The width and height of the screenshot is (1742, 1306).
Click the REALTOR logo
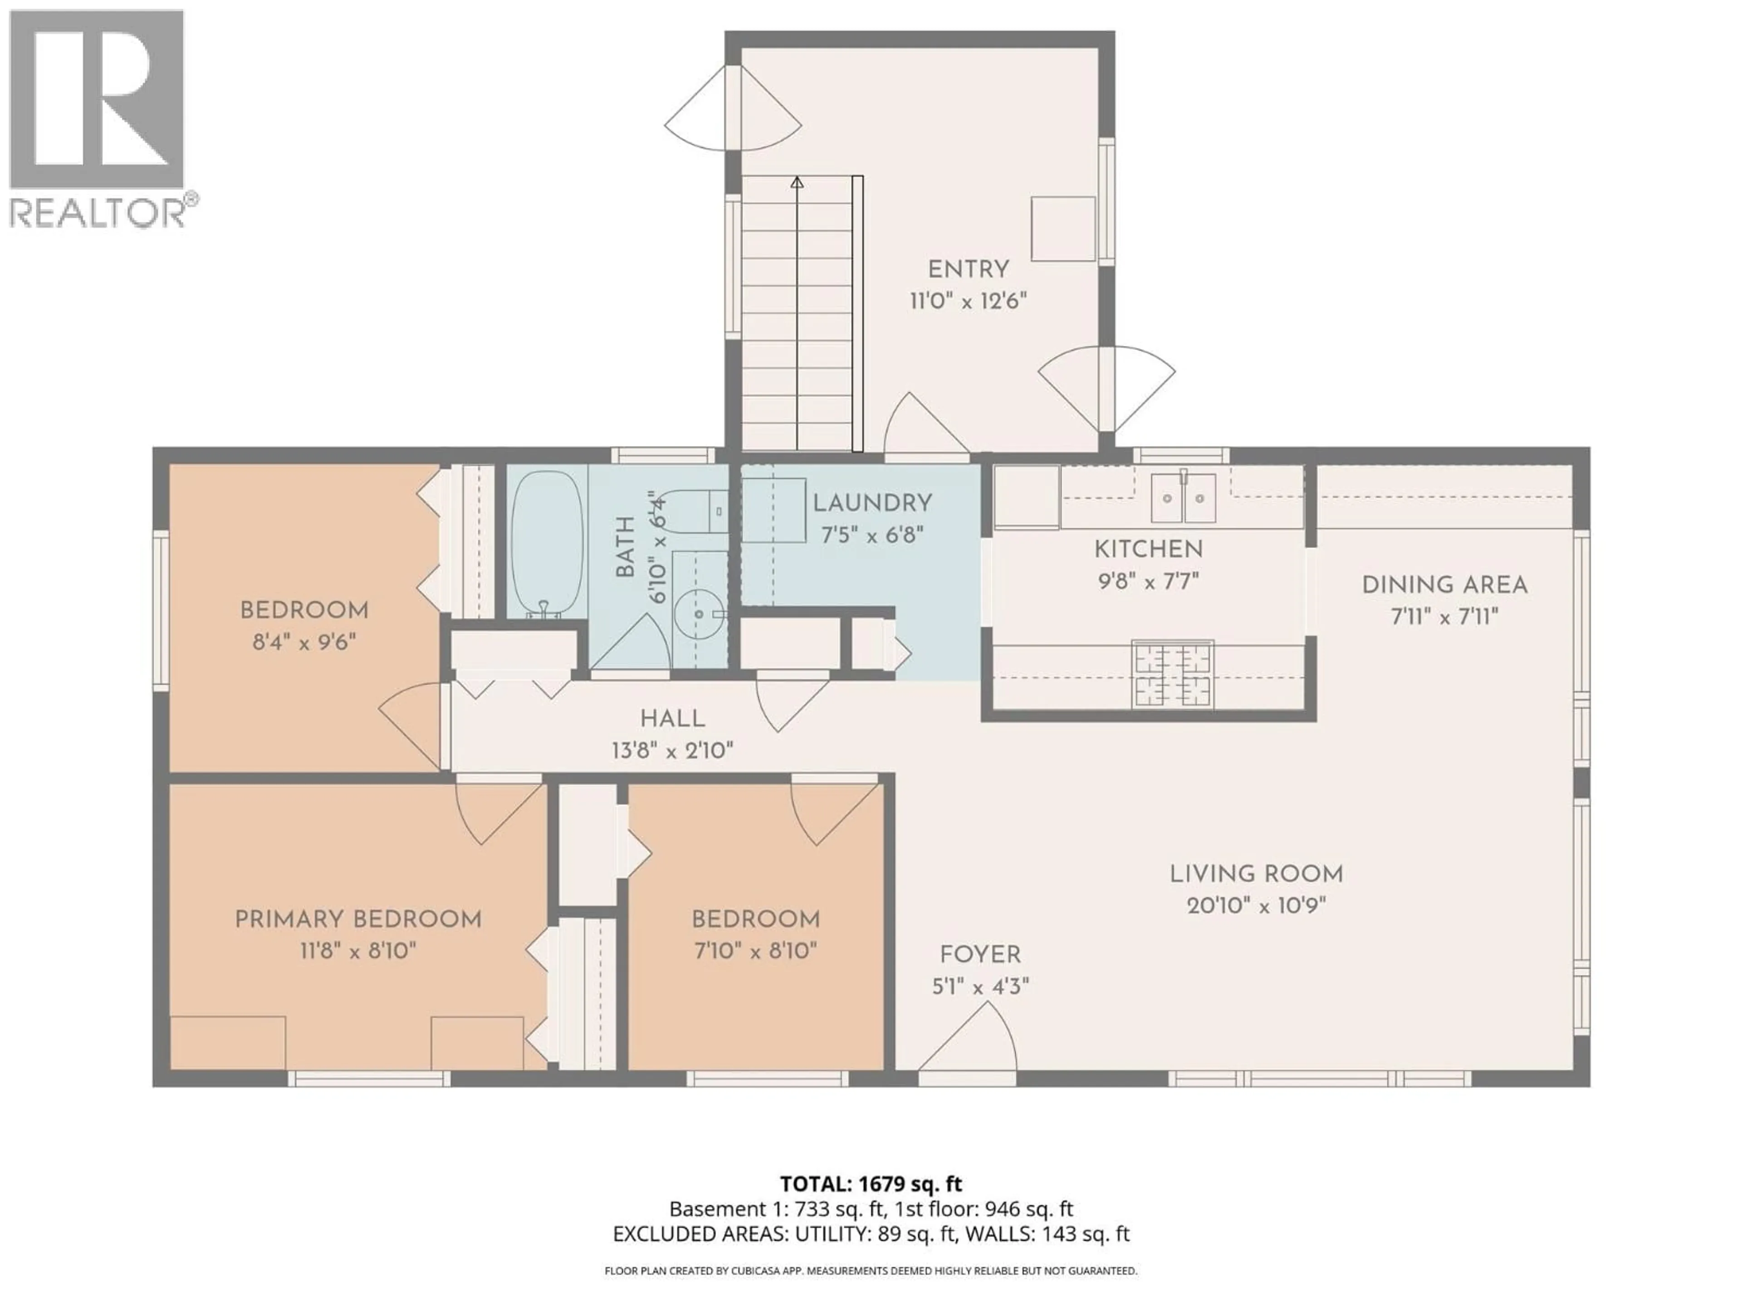[x=98, y=118]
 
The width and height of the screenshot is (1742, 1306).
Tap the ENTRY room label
[x=968, y=269]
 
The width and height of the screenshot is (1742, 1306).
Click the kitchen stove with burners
[x=1172, y=673]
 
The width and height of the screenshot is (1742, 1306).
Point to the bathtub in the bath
[x=548, y=543]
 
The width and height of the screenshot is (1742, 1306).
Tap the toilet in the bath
[x=693, y=512]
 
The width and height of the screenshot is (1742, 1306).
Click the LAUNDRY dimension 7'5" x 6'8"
[x=872, y=535]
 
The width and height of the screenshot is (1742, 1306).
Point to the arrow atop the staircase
[x=797, y=183]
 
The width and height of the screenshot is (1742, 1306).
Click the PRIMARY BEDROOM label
[x=358, y=920]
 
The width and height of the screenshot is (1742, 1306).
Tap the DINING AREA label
[x=1444, y=585]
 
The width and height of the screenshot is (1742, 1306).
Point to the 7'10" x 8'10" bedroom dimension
[x=755, y=951]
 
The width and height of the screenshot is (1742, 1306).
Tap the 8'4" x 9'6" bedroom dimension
[x=304, y=643]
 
